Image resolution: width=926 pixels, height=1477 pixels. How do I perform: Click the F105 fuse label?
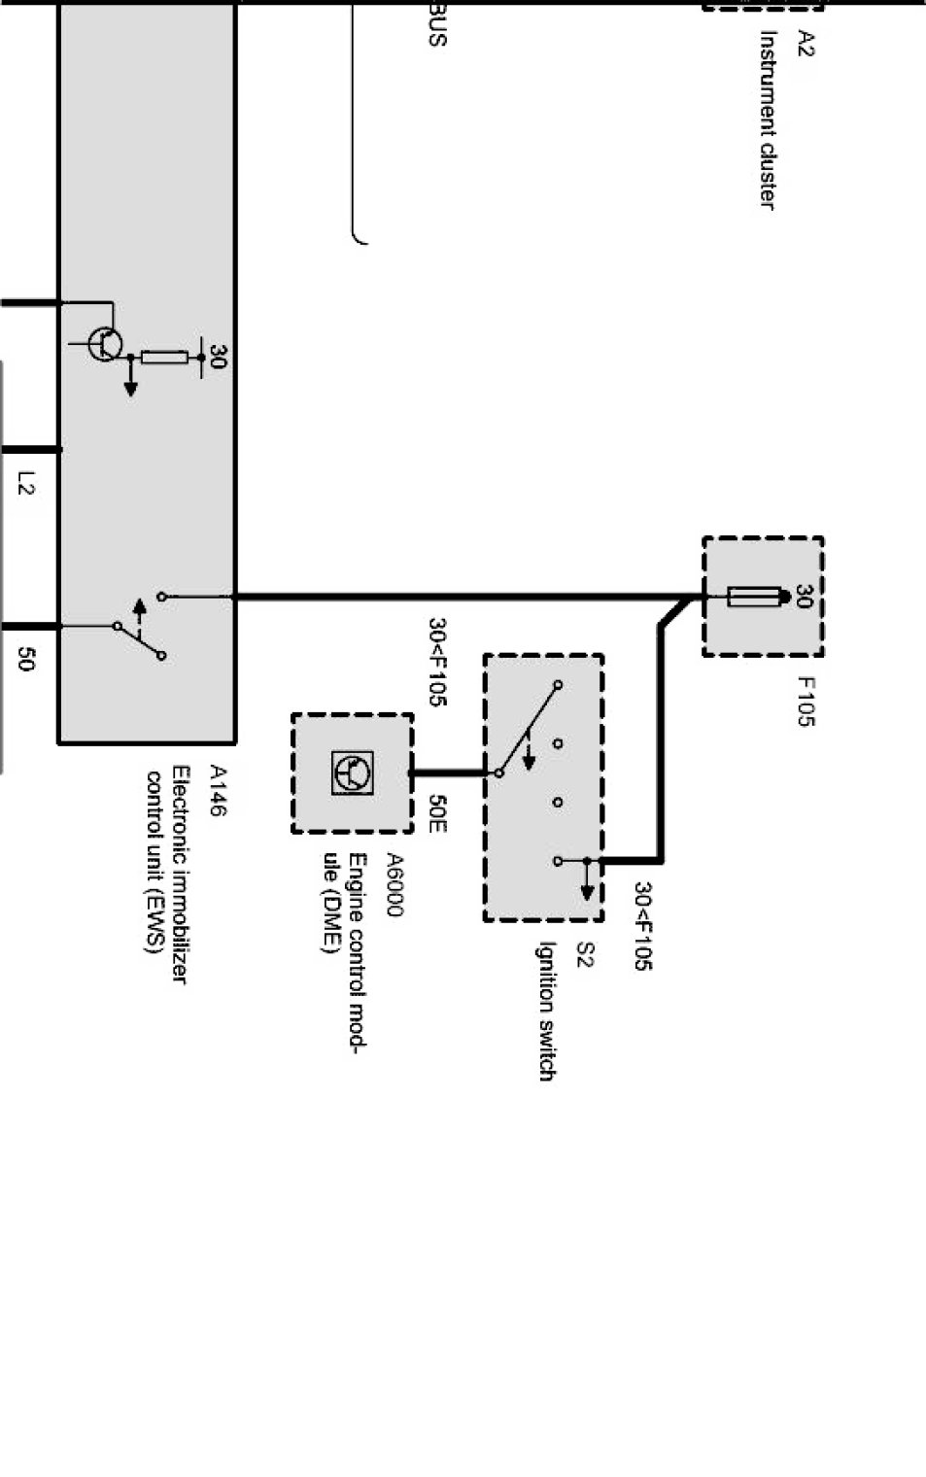pyautogui.click(x=806, y=702)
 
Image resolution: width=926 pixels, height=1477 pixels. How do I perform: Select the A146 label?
pyautogui.click(x=218, y=790)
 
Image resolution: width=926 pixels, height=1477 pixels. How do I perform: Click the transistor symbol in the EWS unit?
pyautogui.click(x=104, y=344)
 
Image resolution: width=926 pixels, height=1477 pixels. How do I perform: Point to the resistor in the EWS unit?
pyautogui.click(x=164, y=358)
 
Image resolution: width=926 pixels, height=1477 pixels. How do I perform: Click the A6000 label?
pyautogui.click(x=394, y=884)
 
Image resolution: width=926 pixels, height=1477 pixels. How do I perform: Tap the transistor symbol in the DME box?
pyautogui.click(x=351, y=773)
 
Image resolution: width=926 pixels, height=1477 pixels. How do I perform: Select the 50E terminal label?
pyautogui.click(x=437, y=813)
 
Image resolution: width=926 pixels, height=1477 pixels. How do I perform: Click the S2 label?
pyautogui.click(x=584, y=954)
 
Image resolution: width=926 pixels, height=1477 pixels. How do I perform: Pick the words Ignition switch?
pyautogui.click(x=546, y=1011)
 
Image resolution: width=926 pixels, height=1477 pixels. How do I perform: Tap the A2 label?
pyautogui.click(x=806, y=43)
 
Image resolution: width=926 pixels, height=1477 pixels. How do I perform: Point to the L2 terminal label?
pyautogui.click(x=26, y=483)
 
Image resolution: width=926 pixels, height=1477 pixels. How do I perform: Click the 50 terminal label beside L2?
pyautogui.click(x=26, y=659)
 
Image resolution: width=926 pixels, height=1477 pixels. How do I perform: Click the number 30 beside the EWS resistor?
pyautogui.click(x=218, y=358)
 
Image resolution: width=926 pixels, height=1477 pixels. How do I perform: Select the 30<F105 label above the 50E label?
pyautogui.click(x=437, y=662)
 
